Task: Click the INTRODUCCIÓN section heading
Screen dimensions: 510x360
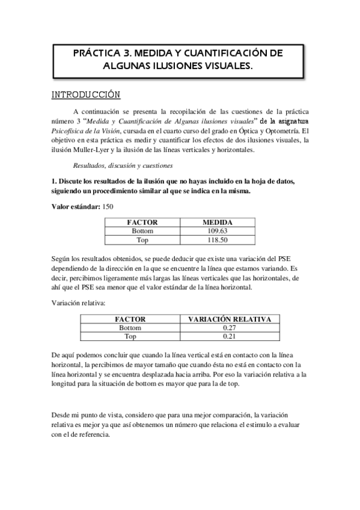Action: pyautogui.click(x=85, y=95)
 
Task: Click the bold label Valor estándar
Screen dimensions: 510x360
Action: pyautogui.click(x=76, y=206)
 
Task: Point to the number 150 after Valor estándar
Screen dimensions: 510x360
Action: pyautogui.click(x=108, y=206)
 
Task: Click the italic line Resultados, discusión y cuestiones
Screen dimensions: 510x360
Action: pyautogui.click(x=114, y=164)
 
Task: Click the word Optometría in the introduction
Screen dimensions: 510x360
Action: pyautogui.click(x=281, y=131)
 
